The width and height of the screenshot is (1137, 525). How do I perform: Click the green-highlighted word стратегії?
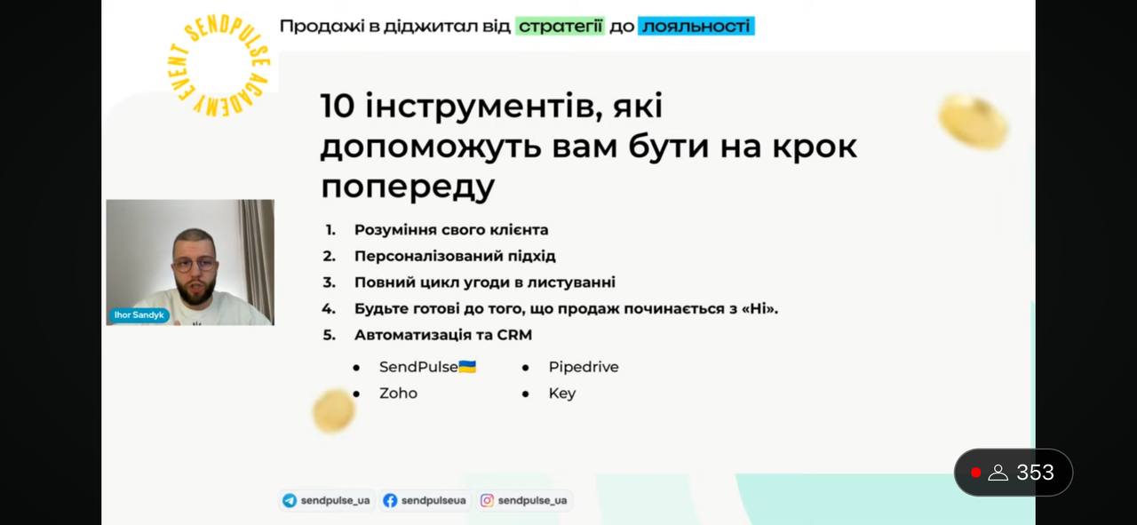tap(561, 26)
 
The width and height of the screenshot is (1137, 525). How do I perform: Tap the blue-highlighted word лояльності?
tap(696, 26)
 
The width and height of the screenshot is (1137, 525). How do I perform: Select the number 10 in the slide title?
tap(337, 106)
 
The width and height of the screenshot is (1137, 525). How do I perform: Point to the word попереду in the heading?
tap(408, 187)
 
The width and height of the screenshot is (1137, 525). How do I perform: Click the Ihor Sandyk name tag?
tap(139, 315)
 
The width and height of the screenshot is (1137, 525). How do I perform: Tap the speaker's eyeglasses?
tap(195, 264)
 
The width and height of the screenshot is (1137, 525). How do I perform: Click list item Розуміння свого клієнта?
tap(450, 230)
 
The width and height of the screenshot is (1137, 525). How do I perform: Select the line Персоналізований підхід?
tap(455, 256)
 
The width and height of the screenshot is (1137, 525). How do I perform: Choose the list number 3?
tap(329, 282)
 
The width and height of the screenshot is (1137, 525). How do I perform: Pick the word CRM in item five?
tap(514, 335)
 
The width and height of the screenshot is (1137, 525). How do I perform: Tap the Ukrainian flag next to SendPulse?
tap(467, 367)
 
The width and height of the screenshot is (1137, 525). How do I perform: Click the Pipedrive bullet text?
tap(584, 367)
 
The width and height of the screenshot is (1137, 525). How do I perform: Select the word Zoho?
tap(399, 393)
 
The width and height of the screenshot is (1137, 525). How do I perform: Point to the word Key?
tap(562, 394)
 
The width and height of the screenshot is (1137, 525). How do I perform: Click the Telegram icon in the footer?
tap(290, 501)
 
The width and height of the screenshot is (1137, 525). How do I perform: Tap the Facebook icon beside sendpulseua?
tap(390, 501)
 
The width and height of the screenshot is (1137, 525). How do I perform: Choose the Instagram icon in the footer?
tap(487, 501)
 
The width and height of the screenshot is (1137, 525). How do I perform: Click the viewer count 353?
tap(1035, 473)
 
